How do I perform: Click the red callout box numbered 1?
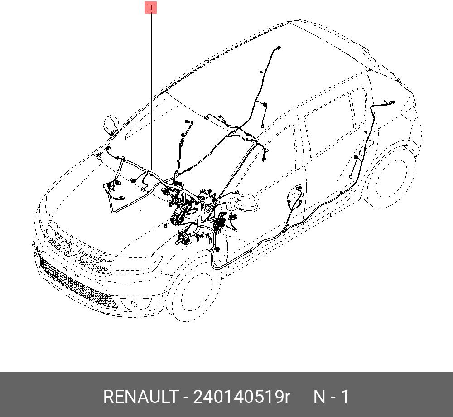point(150,8)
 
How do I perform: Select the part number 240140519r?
point(241,397)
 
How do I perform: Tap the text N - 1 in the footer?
point(331,397)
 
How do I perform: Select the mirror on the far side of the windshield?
point(111,124)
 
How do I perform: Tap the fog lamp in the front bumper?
point(135,303)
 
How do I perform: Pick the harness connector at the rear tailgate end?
point(391,102)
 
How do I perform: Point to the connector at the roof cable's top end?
point(278,48)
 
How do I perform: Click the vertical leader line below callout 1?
point(151,92)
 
